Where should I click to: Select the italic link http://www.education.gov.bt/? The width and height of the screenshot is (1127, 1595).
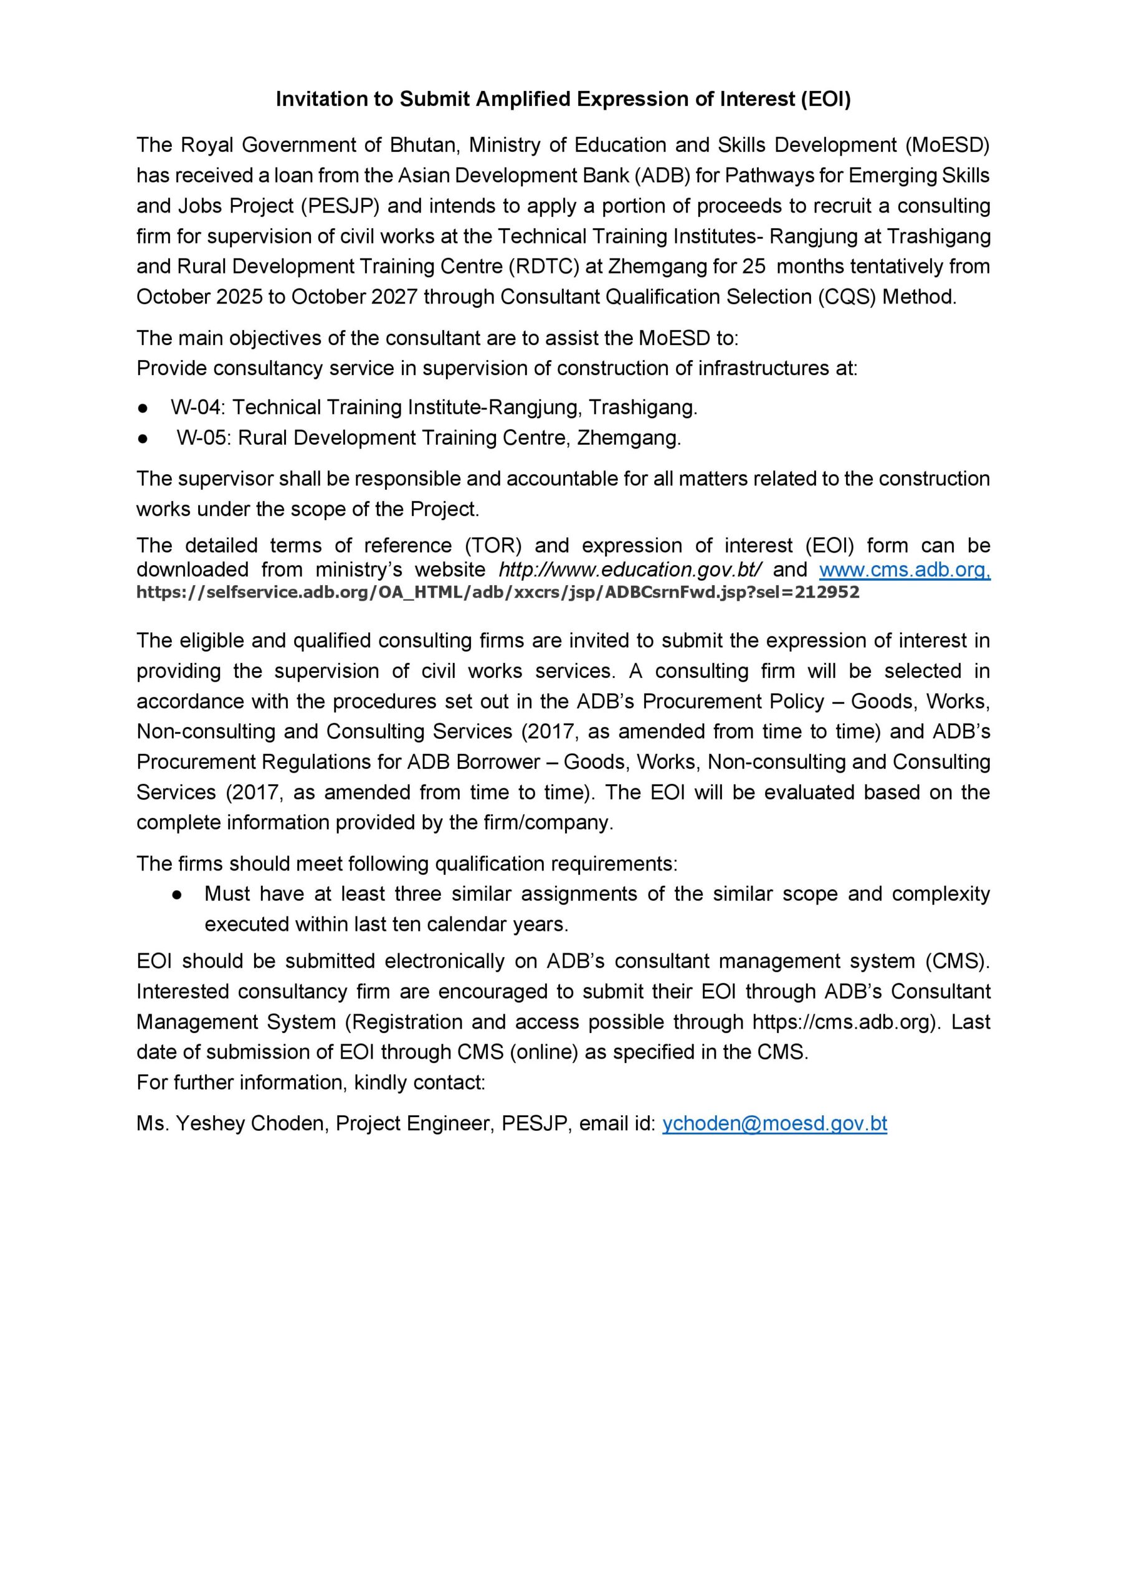[630, 570]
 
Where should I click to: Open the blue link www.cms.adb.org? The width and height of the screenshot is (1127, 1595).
[903, 570]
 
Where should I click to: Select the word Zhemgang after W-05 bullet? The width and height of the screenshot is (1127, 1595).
[628, 439]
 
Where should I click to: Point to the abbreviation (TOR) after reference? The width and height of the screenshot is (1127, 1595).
[493, 546]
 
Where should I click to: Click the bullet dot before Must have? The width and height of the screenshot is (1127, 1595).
[176, 895]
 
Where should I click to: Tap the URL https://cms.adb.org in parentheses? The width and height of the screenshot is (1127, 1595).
[844, 1022]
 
